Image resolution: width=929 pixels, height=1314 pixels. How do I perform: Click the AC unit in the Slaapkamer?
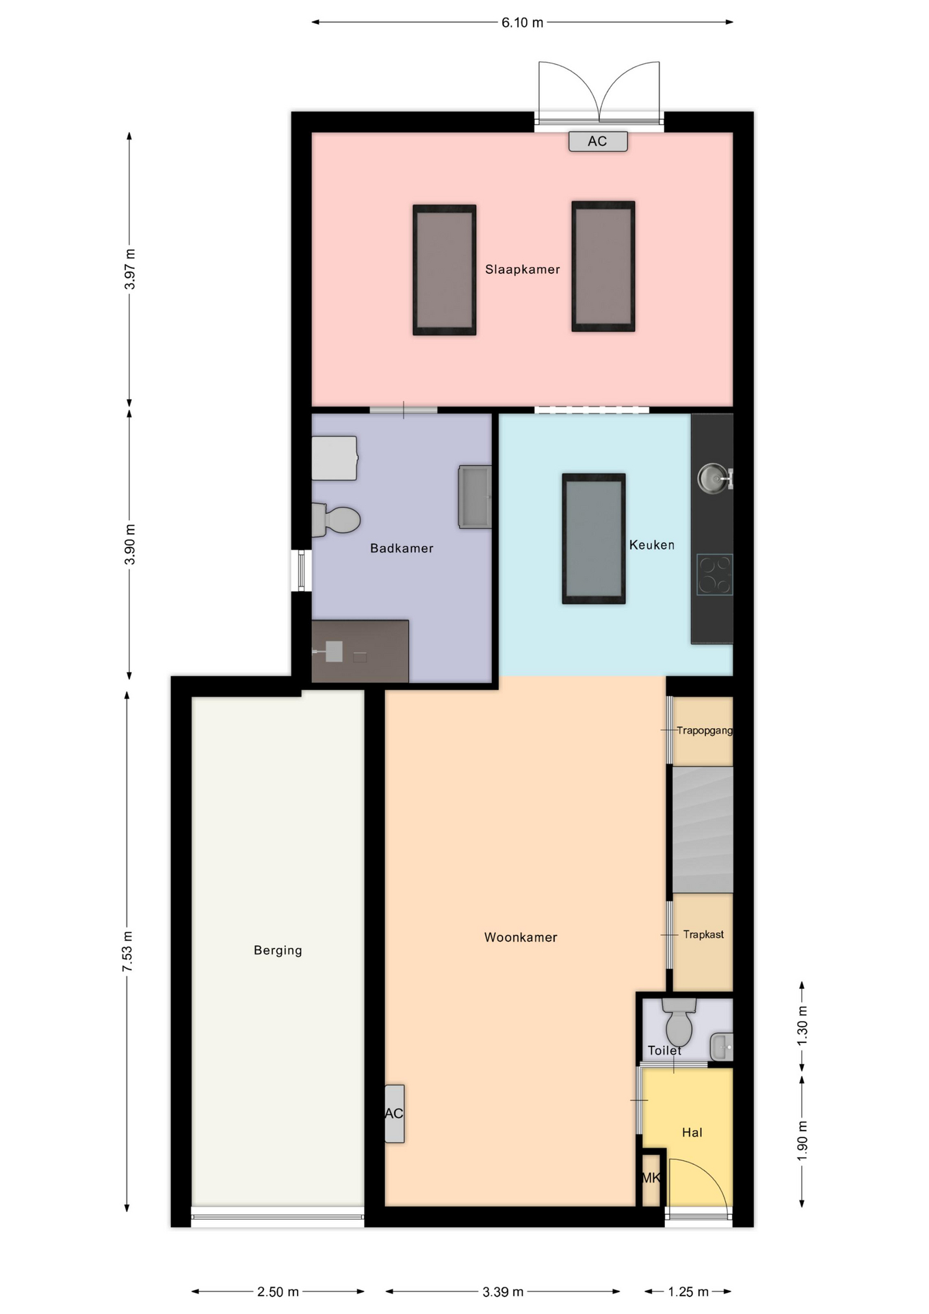pos(598,141)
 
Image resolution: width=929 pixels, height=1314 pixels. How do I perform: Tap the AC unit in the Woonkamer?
pos(394,1113)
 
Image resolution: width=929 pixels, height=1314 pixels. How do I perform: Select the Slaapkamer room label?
pos(523,270)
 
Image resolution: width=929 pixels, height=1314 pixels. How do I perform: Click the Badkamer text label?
pos(402,548)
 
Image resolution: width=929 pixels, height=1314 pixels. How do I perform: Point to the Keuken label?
pos(652,545)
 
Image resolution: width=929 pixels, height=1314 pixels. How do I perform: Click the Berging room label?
pos(278,950)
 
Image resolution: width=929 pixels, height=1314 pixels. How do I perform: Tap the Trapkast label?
pos(703,934)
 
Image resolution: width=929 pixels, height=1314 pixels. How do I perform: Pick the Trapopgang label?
pos(705,730)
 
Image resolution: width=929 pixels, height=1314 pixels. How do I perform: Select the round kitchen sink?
pos(714,478)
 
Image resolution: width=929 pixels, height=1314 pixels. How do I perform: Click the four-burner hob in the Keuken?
pos(715,574)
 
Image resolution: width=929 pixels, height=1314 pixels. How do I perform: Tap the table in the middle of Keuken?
pos(594,539)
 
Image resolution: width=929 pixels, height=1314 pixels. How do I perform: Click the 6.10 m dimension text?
pos(523,23)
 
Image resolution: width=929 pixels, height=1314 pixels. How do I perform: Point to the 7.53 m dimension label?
pos(128,951)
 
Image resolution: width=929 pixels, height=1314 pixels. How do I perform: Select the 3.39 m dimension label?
pos(503,1291)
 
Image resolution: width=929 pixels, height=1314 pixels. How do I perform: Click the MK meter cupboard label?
pos(651,1178)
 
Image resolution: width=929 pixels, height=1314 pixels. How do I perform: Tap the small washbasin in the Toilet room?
pos(722,1046)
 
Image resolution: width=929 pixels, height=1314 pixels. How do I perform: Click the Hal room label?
pos(692,1133)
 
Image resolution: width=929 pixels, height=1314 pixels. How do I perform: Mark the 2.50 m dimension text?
pos(278,1291)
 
